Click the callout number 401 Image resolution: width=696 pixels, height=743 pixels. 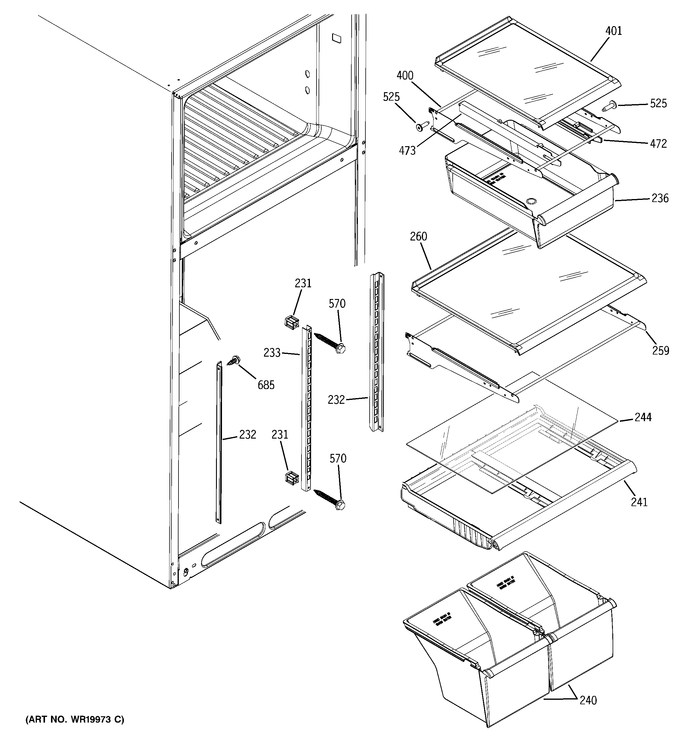613,31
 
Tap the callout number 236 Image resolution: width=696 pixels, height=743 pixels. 660,198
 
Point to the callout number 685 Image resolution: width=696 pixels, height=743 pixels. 266,385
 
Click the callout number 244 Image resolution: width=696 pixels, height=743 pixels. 643,417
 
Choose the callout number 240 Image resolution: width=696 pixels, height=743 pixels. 588,700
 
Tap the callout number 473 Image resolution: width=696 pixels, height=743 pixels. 407,151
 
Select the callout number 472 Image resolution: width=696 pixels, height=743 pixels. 658,143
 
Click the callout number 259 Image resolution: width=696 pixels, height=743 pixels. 661,351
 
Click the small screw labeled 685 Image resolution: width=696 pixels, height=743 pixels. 235,360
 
